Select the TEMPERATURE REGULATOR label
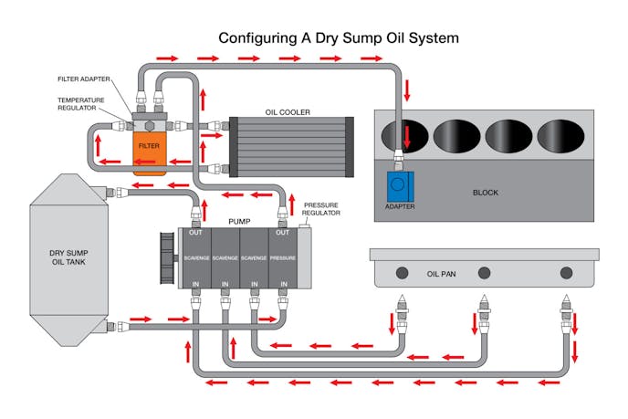(84, 105)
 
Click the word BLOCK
(487, 193)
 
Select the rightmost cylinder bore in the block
(560, 135)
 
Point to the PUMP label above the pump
(240, 221)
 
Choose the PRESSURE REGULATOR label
(321, 209)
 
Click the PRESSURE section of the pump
(283, 258)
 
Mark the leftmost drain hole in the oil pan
(402, 272)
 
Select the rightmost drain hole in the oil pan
(566, 272)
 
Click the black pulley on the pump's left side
(167, 257)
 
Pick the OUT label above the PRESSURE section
(283, 232)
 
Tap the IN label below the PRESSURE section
(283, 284)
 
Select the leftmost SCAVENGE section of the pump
(196, 258)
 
